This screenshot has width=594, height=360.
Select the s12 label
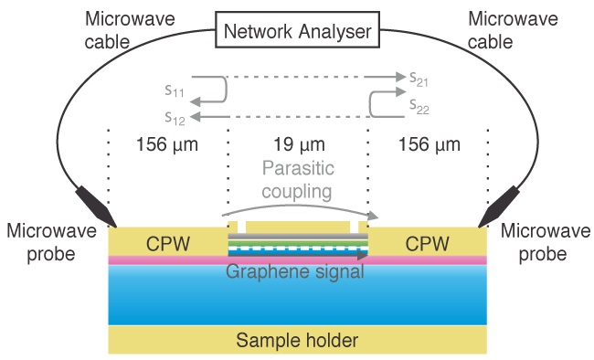click(x=175, y=116)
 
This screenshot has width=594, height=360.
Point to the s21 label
click(x=419, y=79)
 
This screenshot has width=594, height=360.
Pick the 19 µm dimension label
click(x=297, y=144)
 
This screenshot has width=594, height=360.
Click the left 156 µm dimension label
click(x=167, y=144)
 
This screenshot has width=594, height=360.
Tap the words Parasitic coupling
click(x=297, y=180)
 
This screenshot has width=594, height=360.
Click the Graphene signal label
click(x=296, y=271)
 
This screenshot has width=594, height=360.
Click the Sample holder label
click(x=296, y=341)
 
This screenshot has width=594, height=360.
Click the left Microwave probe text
click(x=51, y=242)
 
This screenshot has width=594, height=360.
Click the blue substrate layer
click(x=297, y=297)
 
